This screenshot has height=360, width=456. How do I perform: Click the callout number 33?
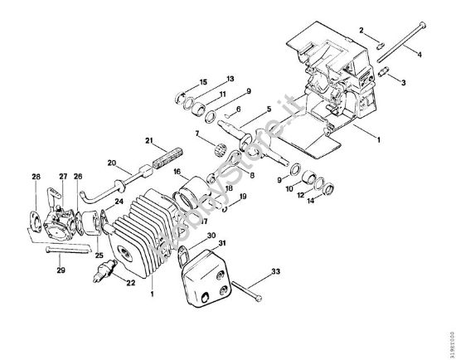277,270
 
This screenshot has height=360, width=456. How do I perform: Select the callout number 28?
36,176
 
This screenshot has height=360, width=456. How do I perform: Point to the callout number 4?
419,55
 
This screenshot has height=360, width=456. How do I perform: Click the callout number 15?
204,82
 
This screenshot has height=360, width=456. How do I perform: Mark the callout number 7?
196,134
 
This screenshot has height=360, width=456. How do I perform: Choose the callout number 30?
211,236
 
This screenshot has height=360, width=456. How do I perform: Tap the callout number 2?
361,30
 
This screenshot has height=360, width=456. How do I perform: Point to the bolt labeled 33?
246,291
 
